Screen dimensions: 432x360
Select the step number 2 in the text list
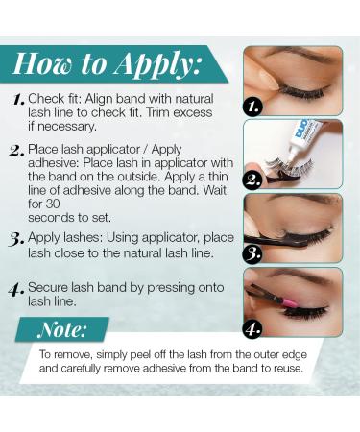point(17,150)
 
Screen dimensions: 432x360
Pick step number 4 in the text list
point(17,286)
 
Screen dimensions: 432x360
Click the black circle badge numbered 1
point(252,107)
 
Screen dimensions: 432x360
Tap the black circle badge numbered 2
point(252,178)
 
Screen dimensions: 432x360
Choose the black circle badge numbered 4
point(252,327)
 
